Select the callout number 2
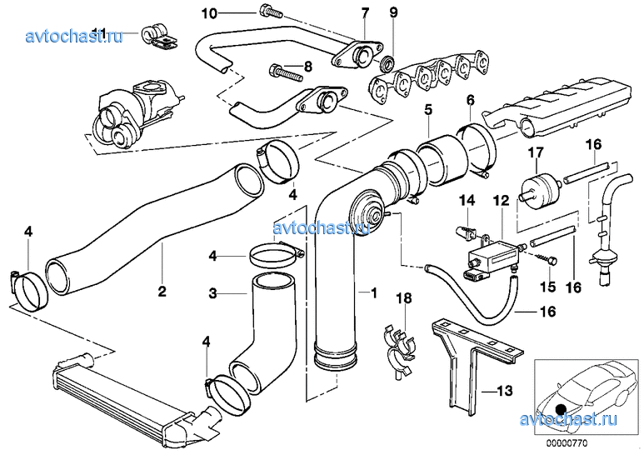(162, 292)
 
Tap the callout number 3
(212, 293)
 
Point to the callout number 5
(427, 109)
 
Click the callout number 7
(364, 12)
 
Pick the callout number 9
(393, 12)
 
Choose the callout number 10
(209, 12)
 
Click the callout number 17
(534, 152)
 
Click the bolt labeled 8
(282, 73)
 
